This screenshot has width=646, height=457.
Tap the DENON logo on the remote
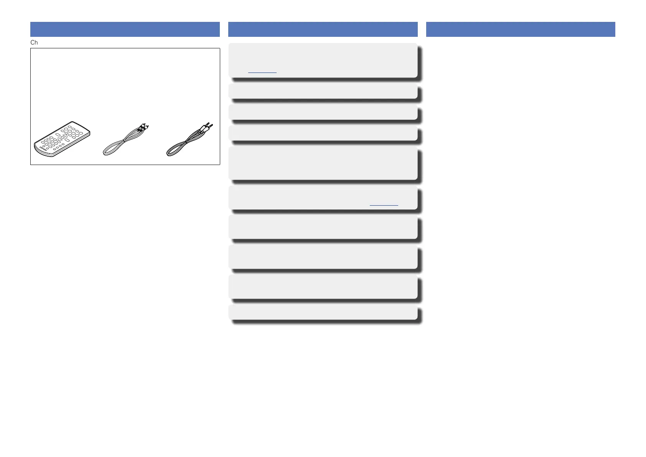tap(42, 148)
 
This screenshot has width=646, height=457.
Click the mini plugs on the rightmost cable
tap(209, 126)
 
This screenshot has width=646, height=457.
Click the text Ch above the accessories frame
tap(34, 43)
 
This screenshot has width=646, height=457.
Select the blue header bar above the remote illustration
tap(125, 30)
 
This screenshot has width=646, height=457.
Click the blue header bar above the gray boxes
tap(323, 30)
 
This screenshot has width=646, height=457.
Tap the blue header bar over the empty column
tap(521, 30)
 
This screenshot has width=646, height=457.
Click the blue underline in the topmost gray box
tap(262, 72)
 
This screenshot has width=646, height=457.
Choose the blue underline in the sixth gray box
tap(384, 206)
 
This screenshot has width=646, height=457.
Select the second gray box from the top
tap(323, 92)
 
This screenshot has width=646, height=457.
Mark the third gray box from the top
tap(323, 112)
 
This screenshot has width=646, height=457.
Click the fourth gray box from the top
tap(323, 133)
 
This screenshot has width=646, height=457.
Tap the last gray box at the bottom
tap(323, 312)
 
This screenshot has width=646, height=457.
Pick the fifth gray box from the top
tap(323, 163)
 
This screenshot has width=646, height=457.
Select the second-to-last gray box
tap(323, 286)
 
